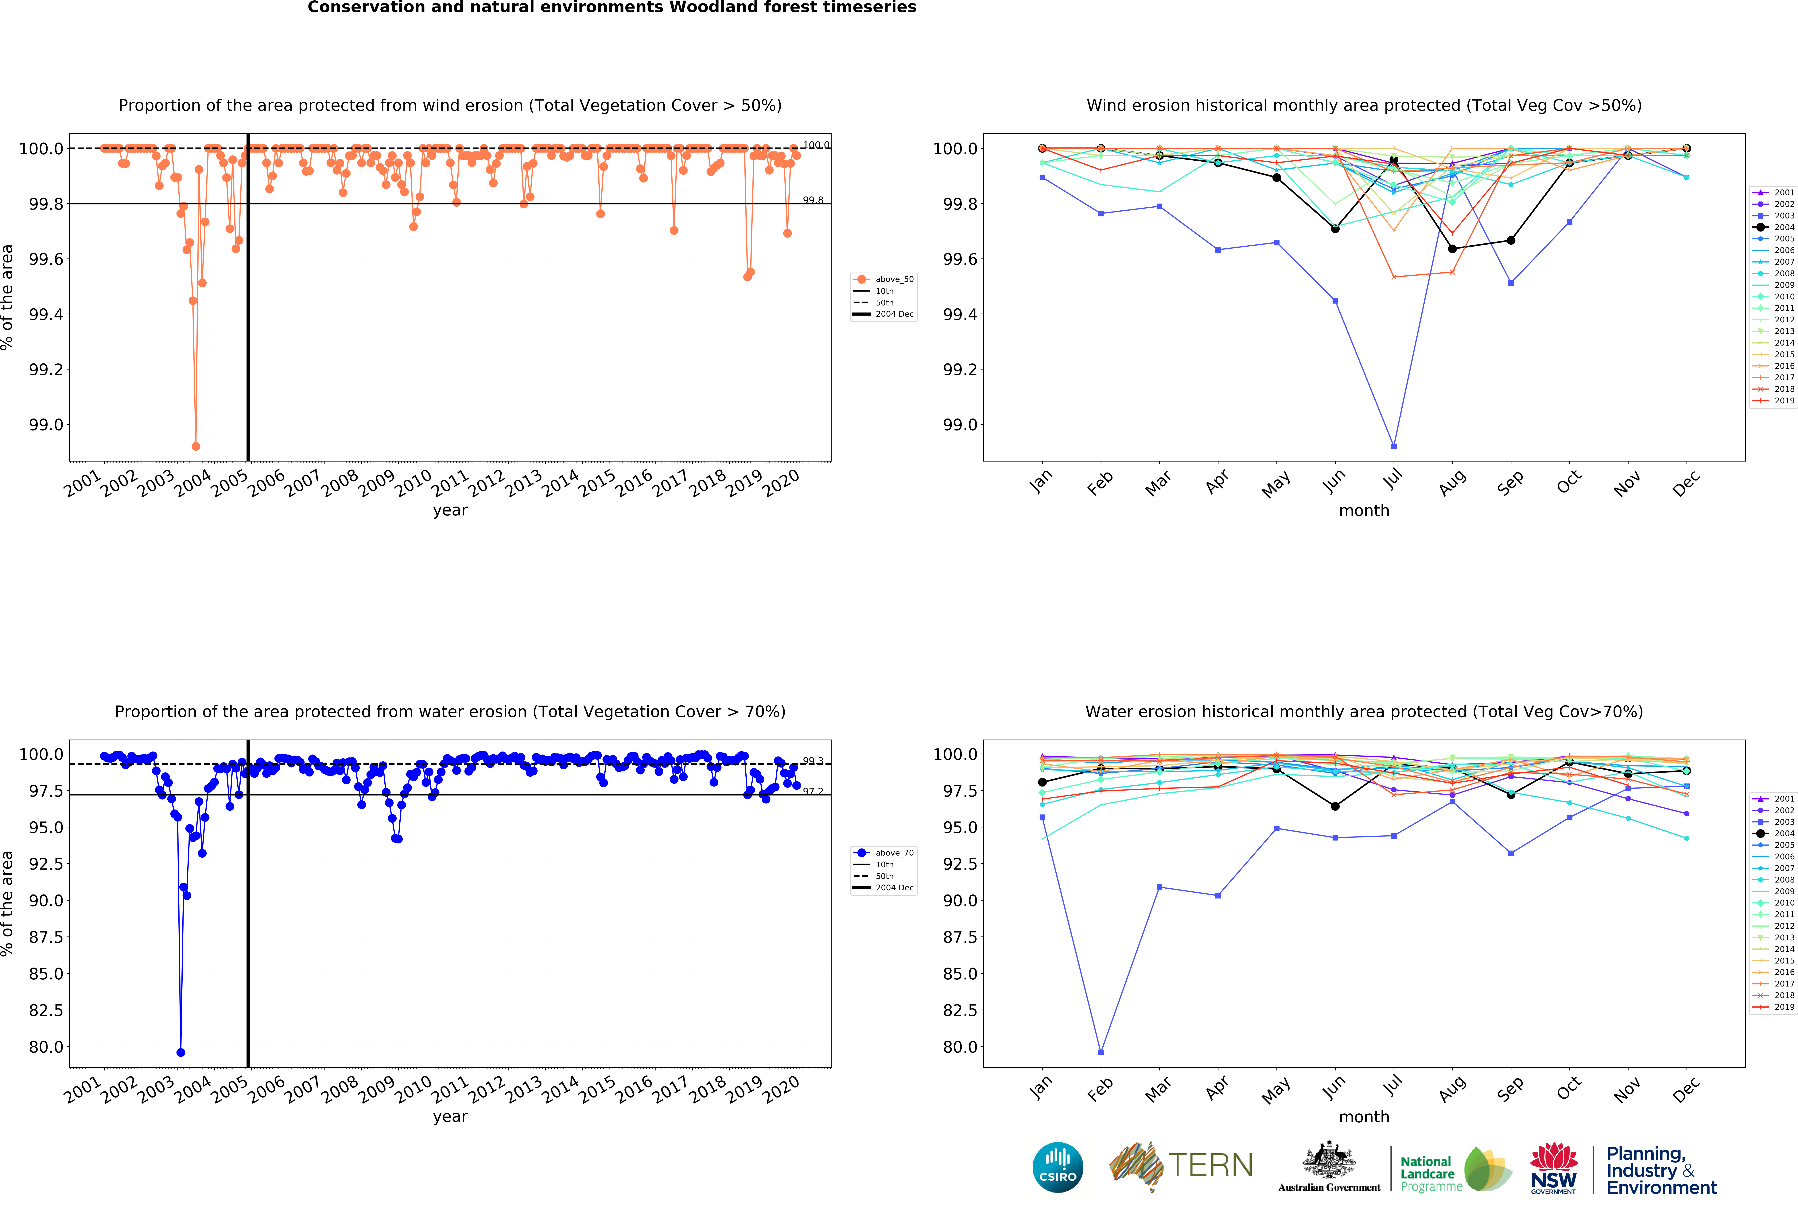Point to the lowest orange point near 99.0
pos(196,446)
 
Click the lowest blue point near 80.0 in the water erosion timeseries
pos(180,1052)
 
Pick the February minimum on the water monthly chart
pos(1101,1052)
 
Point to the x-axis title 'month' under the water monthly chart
pos(1364,1116)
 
